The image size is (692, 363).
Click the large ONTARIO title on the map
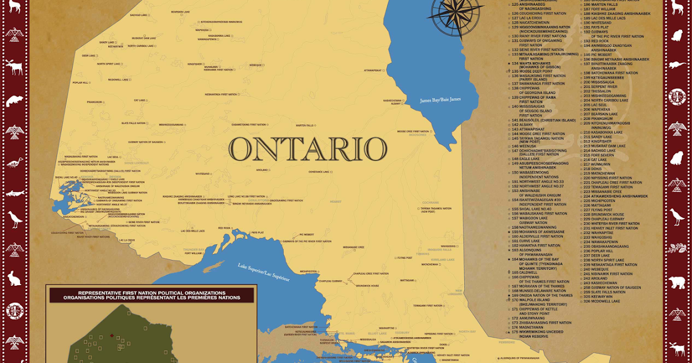pos(308,149)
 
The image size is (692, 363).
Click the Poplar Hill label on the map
pos(80,82)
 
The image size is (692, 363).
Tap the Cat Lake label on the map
pos(140,100)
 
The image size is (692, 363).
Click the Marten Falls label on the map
pos(304,125)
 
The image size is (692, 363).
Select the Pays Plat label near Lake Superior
pos(257,233)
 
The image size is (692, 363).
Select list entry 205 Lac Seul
pos(596,105)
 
